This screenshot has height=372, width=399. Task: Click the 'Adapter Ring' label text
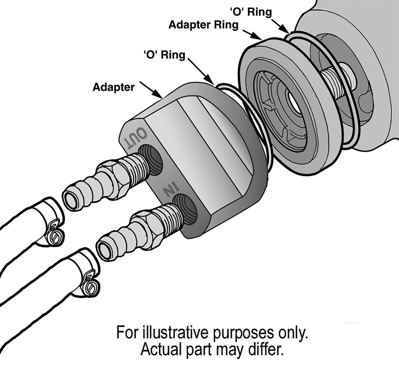pos(203,25)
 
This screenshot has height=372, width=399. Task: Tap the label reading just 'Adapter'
pos(114,87)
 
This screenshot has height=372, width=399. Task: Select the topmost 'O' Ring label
pos(251,12)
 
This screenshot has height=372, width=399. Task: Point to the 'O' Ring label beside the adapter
pos(164,55)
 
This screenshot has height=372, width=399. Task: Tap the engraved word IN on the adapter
pos(170,191)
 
